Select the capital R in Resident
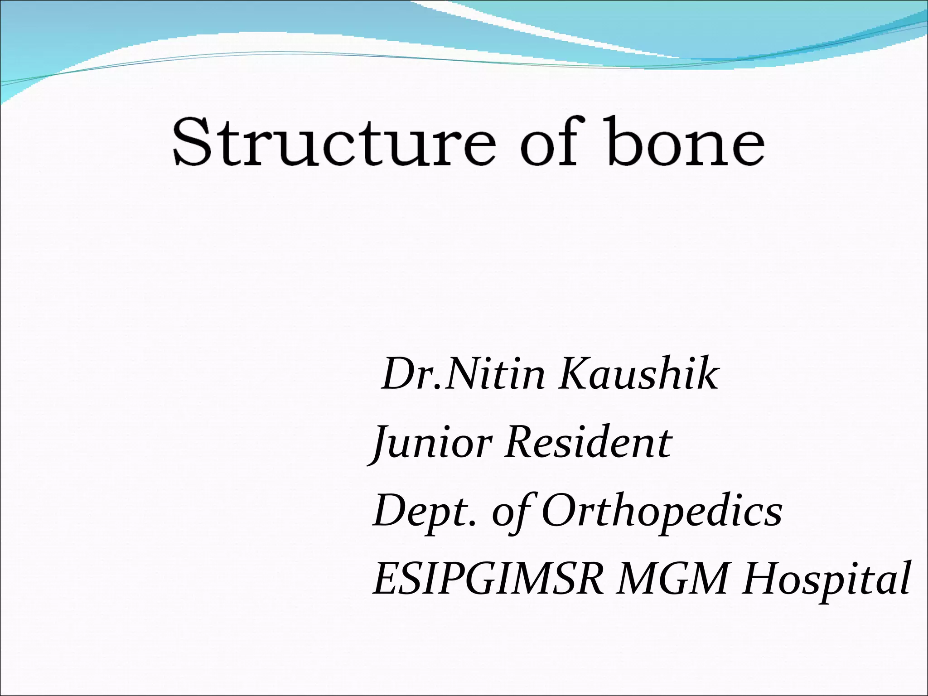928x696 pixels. [521, 442]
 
